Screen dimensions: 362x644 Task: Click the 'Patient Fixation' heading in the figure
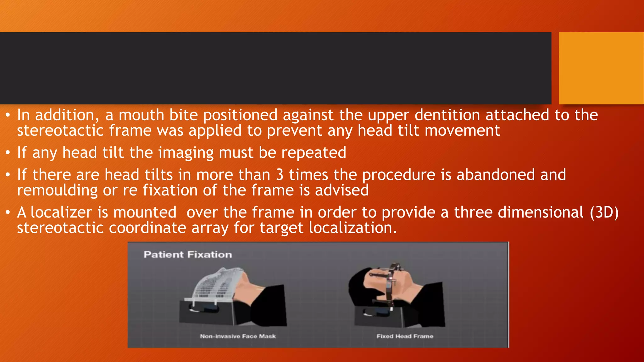pos(188,255)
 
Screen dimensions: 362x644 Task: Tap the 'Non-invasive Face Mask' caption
pos(238,336)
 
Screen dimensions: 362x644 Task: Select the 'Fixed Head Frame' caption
pos(405,336)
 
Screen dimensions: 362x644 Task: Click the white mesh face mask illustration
pos(217,284)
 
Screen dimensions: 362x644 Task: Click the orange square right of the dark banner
pos(601,68)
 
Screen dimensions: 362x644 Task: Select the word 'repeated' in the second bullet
pos(314,153)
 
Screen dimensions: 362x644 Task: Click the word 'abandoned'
pos(496,175)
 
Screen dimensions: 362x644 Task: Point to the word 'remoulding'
pos(57,190)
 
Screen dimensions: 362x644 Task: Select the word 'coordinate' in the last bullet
pos(147,228)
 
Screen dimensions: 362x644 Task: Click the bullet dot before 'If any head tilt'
pos(8,153)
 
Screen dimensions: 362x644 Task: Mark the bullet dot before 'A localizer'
pos(8,213)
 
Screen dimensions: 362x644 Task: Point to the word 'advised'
pos(342,190)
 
